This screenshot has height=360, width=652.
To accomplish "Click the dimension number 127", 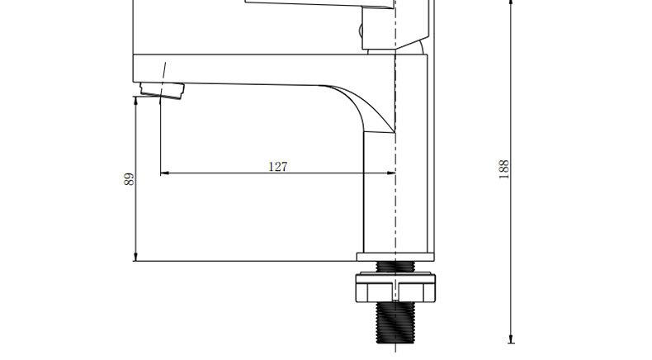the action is point(278,167).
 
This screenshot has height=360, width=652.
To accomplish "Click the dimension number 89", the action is point(130,179).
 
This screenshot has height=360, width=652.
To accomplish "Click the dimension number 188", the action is point(503,169).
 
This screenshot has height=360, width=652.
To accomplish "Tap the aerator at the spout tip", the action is point(162,90).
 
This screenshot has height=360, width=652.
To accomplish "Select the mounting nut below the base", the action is point(395,287).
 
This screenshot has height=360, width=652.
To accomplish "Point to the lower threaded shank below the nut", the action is point(395,323).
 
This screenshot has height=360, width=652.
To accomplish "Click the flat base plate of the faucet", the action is point(395,257).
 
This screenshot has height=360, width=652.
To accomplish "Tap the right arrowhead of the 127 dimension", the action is point(391,173).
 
